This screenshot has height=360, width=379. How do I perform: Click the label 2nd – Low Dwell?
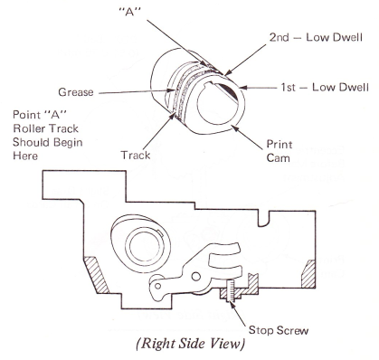[316, 38]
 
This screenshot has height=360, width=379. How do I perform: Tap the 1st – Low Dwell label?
[325, 88]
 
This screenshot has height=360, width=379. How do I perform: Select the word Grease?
[76, 92]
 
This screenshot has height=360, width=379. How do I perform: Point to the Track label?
[136, 156]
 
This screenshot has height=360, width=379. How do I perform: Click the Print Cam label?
[280, 151]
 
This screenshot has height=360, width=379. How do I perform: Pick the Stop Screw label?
[279, 330]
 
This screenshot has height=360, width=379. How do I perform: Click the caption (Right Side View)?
[190, 345]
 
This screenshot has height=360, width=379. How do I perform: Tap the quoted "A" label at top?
[130, 13]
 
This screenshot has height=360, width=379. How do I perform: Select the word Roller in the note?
[27, 128]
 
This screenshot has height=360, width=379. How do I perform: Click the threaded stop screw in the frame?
[231, 290]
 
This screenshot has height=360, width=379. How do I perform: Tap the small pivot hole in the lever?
[195, 276]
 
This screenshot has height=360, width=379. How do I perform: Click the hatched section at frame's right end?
[308, 273]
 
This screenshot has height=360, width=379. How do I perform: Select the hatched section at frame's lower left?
[96, 274]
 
